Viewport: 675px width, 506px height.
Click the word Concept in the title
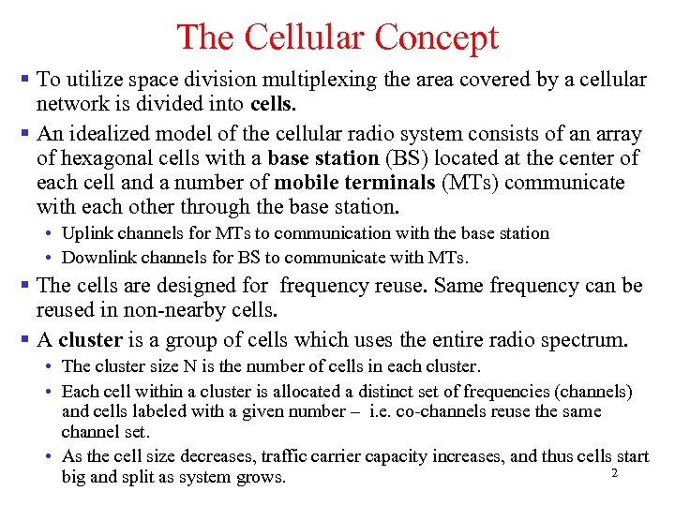436,37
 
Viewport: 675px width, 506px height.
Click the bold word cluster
91,340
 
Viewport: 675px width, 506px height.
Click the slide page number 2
614,474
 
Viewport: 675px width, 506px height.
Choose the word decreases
225,456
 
